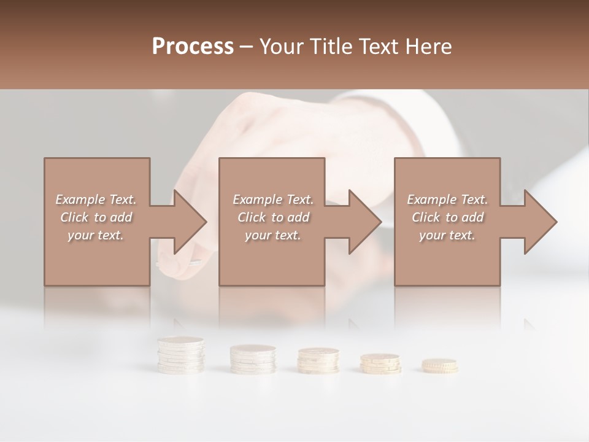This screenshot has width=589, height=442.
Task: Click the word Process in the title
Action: click(193, 47)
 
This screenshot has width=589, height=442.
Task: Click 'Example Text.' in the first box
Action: click(96, 200)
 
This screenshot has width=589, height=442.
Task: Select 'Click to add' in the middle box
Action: click(273, 217)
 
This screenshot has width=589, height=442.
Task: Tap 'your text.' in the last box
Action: click(447, 235)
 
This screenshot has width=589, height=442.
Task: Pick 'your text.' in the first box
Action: click(96, 235)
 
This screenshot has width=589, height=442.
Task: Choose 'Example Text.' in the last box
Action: click(447, 200)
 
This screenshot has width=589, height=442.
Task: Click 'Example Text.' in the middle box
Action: click(273, 200)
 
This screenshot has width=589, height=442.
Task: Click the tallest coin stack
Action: click(180, 355)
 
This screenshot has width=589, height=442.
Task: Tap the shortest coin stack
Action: click(439, 366)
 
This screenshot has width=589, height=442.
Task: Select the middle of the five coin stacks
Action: click(318, 360)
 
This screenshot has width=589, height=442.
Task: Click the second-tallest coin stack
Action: click(252, 359)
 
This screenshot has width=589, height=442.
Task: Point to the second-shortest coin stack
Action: click(380, 363)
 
